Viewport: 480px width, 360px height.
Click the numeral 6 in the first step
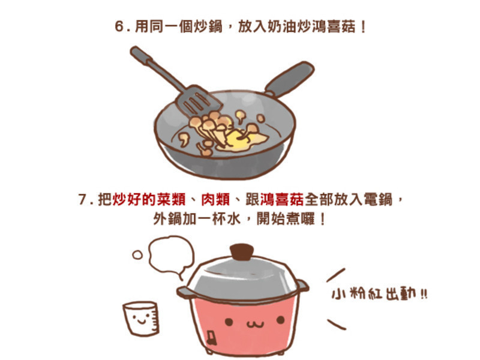pos(119,26)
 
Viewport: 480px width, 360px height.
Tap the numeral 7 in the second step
pos(83,200)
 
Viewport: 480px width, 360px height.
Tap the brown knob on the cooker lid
pos(242,251)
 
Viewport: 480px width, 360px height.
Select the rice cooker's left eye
pos(229,322)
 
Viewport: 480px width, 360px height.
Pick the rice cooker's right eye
pos(280,320)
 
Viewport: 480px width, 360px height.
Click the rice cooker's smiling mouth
pos(254,324)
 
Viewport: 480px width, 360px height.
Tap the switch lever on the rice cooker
pos(211,338)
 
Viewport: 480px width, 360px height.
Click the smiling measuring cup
pos(142,318)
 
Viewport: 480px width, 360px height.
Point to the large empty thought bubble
pos(171,256)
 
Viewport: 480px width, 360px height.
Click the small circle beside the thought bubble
pos(137,254)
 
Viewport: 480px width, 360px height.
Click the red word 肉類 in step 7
pos(215,200)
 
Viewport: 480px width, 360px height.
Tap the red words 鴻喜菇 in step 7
pos(282,200)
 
